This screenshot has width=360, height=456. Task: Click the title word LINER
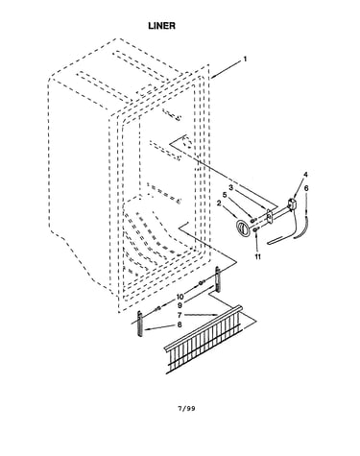click(161, 26)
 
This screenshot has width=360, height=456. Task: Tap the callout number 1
click(245, 60)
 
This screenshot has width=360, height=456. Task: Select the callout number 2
click(219, 203)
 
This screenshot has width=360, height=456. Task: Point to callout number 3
click(231, 187)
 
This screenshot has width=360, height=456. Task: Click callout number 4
click(305, 175)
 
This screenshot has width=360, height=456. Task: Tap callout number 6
click(306, 188)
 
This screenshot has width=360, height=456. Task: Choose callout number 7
click(180, 315)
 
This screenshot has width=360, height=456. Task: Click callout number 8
click(180, 324)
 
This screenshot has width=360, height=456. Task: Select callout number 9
click(180, 305)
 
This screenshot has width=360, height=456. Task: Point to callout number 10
click(180, 298)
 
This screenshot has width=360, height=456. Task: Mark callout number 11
click(257, 256)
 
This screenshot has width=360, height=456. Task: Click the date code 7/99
click(186, 408)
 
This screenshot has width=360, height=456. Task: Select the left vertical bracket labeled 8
click(140, 324)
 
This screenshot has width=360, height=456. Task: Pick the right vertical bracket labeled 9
click(218, 279)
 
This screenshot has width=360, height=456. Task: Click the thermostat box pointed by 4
click(292, 204)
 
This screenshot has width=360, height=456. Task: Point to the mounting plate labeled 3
click(269, 216)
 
